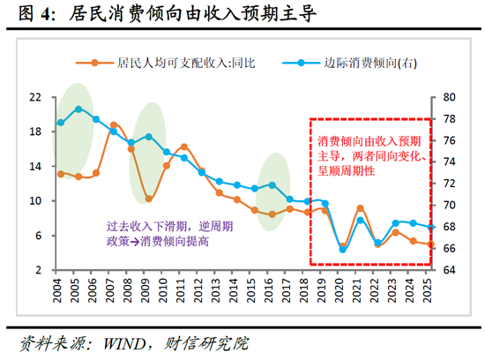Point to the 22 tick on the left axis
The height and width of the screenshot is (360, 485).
tap(35, 97)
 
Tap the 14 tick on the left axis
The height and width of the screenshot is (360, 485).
tap(35, 166)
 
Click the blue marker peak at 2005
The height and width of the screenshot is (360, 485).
tap(78, 109)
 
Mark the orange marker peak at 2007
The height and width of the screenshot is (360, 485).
tap(114, 125)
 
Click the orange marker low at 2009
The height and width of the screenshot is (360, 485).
tap(149, 199)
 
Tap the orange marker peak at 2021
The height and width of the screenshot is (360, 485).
tap(361, 208)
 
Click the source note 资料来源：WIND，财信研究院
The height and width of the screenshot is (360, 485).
tap(132, 341)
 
